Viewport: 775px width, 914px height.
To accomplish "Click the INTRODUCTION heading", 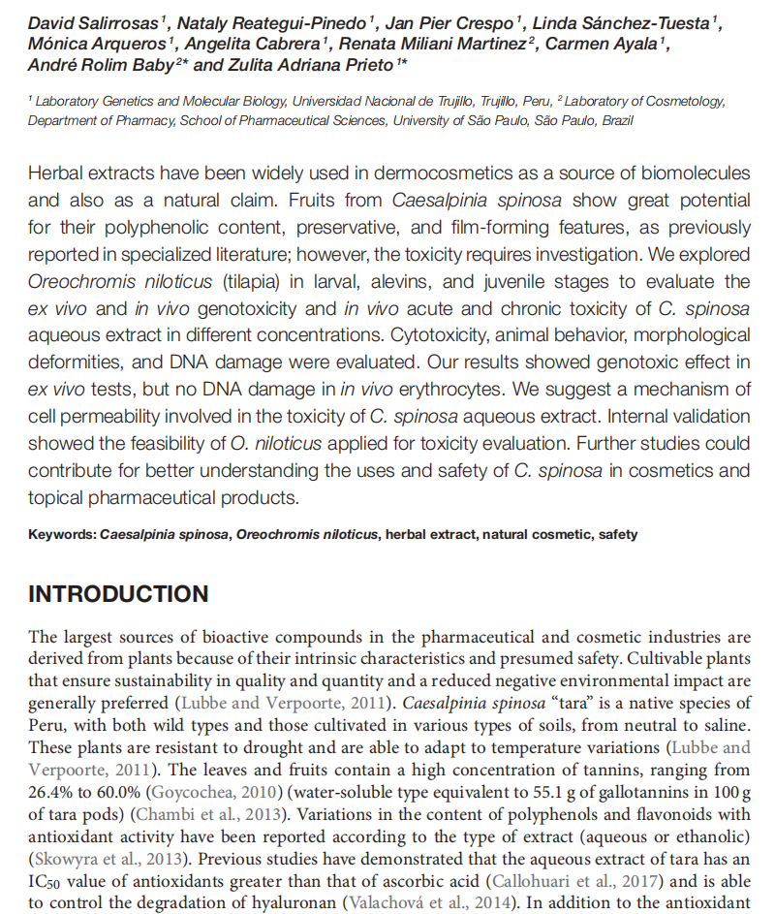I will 118,594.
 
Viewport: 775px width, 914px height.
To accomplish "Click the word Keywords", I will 62,534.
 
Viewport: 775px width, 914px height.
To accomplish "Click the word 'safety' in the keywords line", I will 618,534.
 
